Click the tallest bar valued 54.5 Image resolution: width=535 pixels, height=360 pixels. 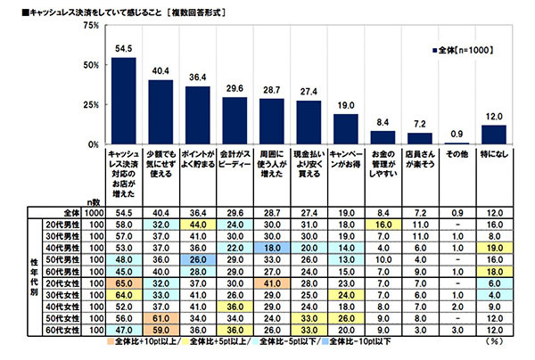coord(122,101)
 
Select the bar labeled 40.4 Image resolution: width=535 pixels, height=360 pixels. coord(160,112)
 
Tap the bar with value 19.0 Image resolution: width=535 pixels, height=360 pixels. coord(345,129)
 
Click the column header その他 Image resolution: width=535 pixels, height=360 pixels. coord(457,153)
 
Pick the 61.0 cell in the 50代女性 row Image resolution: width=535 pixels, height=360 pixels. coord(160,315)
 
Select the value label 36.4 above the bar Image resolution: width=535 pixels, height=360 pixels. coord(197,78)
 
